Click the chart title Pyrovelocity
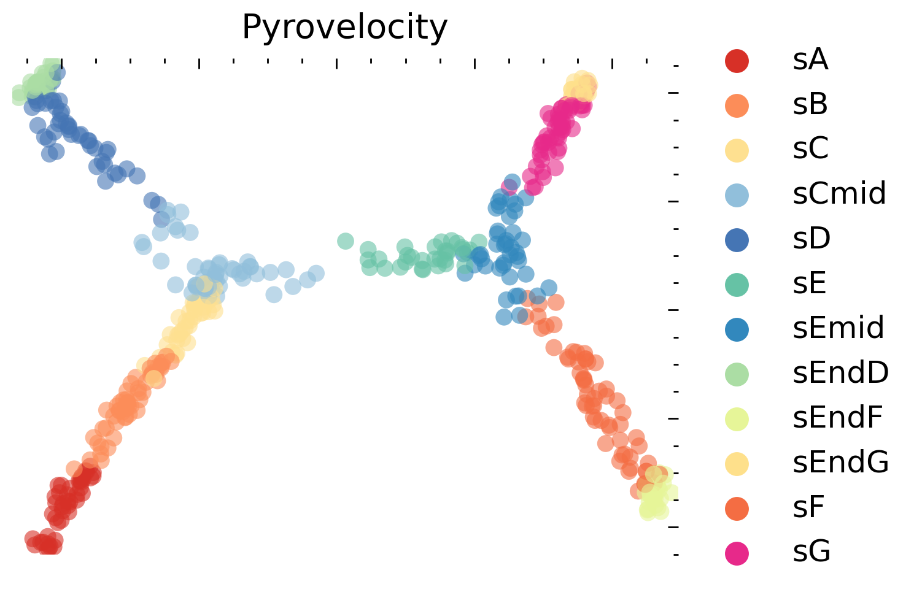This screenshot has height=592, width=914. coord(344,28)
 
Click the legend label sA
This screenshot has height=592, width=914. coord(810,60)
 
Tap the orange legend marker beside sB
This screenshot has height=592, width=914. coord(737,105)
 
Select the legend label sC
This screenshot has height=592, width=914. coord(810,148)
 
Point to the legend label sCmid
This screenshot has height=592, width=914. coord(839,194)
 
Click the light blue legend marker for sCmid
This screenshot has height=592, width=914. coord(737,194)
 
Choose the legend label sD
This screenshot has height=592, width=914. coord(811,239)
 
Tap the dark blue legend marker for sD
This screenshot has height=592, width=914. coord(737,239)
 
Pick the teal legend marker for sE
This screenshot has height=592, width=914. coord(737,284)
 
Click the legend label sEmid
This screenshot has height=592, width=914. coord(838,328)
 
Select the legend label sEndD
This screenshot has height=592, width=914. coord(840,372)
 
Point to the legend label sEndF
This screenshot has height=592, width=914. coord(838,417)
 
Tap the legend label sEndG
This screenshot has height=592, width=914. coord(840,462)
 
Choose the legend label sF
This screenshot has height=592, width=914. coord(808,507)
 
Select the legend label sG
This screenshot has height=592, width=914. coord(811,552)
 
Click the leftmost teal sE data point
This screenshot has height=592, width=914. coord(346,241)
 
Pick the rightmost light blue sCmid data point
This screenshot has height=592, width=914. coord(316,273)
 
